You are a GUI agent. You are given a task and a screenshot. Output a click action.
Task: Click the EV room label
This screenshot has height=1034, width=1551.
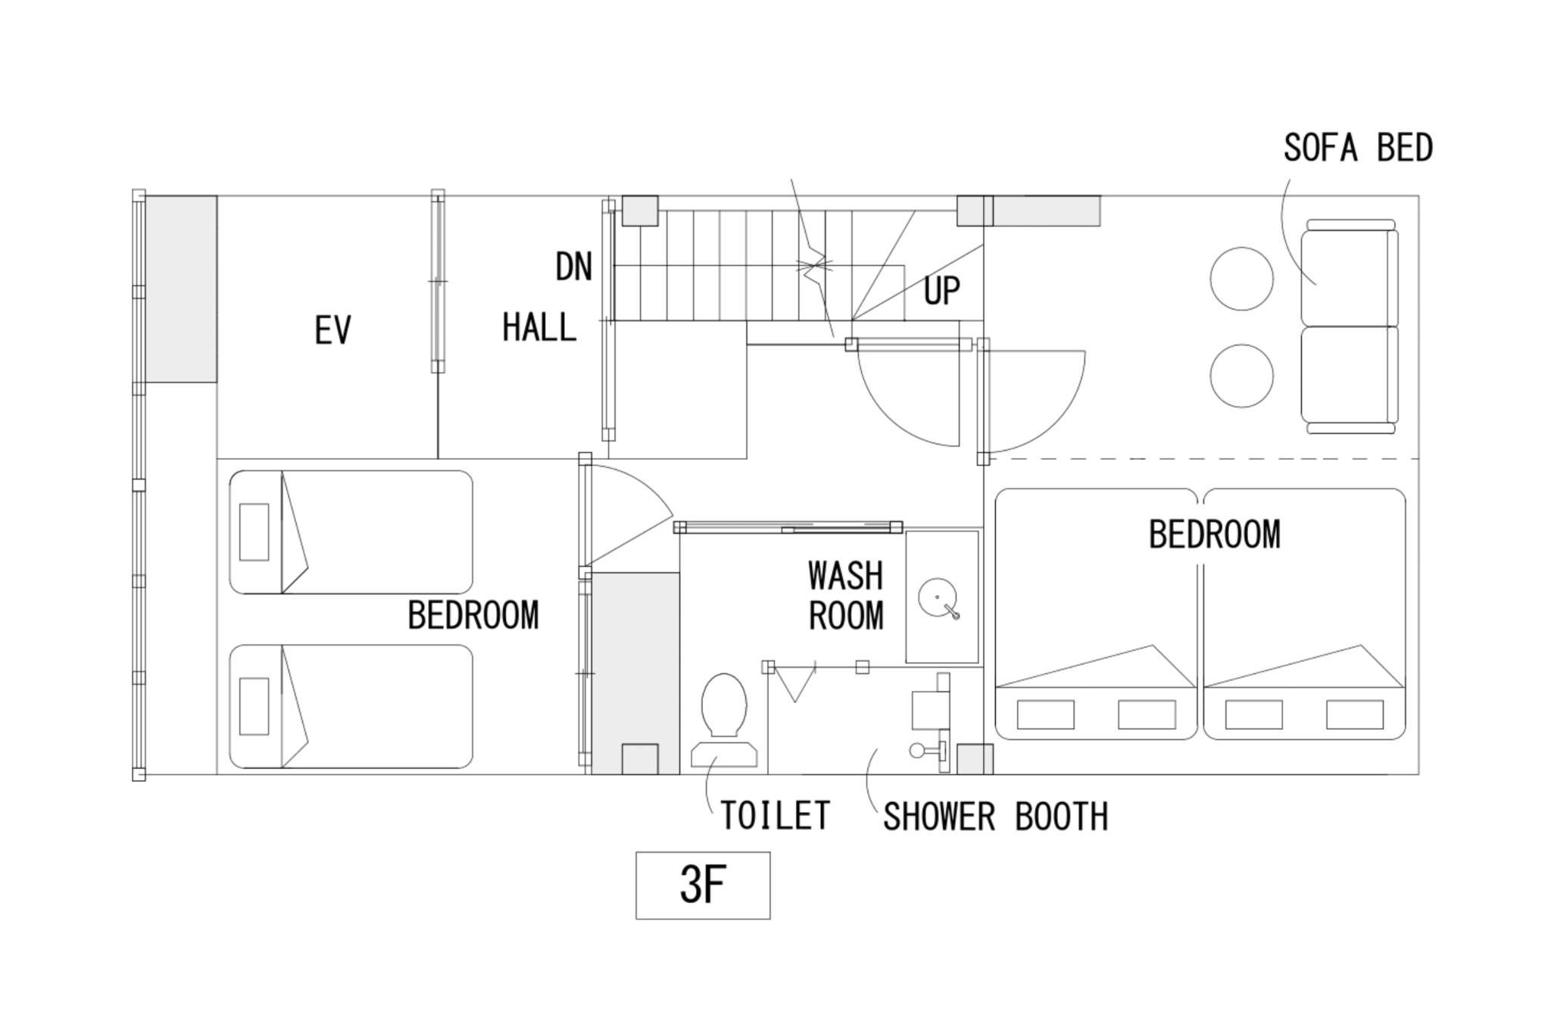coord(332,330)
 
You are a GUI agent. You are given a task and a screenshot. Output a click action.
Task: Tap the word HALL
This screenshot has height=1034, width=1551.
coord(539,327)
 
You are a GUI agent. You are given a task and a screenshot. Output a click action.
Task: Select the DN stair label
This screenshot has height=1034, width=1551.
coord(573,267)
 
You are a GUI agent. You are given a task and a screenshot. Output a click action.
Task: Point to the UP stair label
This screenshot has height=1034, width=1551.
coord(942,290)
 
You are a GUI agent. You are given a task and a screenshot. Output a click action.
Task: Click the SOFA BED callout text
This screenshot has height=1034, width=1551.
coord(1359,148)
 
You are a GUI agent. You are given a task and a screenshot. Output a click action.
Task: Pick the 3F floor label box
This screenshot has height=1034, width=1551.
coord(703,885)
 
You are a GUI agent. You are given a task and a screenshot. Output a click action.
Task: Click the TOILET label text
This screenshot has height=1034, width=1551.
coord(775,816)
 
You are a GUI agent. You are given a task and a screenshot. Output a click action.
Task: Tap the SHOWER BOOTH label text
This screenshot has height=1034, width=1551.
coord(996,817)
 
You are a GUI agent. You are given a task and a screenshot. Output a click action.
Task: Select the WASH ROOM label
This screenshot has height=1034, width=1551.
coord(846,595)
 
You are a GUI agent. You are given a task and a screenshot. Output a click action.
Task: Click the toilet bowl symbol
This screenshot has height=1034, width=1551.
coord(724,704)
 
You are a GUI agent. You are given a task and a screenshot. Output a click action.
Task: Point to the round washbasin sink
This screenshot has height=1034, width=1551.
coord(938,597)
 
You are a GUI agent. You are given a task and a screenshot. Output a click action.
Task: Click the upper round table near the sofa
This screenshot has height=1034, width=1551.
coord(1241,279)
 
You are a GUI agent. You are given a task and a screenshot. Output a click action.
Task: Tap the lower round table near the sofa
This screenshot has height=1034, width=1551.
coord(1241,376)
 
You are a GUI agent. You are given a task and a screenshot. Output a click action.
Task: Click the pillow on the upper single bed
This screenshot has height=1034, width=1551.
coord(254,532)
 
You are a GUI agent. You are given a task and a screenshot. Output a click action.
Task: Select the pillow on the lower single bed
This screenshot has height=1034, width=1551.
coord(254,706)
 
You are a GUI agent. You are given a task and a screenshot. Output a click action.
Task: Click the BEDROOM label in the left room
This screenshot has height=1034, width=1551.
coord(473,615)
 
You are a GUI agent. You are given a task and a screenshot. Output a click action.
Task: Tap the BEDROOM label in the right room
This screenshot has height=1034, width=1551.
coord(1215,535)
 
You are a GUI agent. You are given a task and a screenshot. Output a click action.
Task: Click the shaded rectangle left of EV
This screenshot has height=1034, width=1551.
coord(181,289)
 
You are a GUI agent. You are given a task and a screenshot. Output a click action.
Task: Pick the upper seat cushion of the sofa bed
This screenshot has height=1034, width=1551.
coord(1348,277)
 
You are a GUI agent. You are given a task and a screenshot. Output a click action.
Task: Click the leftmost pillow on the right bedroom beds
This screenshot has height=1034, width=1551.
coord(1045,714)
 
